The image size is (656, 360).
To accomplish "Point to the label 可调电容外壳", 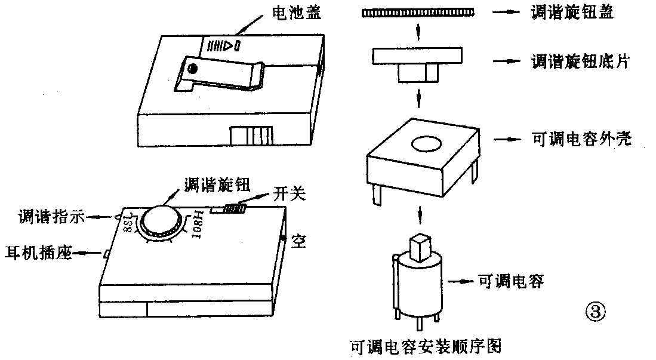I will coord(581,140).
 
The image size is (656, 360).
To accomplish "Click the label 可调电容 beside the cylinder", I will coord(511,281).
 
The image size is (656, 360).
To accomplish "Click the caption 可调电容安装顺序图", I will coord(426,346).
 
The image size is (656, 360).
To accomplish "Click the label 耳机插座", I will coord(39,253).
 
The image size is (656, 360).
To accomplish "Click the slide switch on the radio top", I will coord(235,209).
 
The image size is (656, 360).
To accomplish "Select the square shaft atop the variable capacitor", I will coord(421,247).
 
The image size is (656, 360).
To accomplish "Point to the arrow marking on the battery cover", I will coord(223,45).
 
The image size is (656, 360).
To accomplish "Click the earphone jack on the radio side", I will coord(105,254).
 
